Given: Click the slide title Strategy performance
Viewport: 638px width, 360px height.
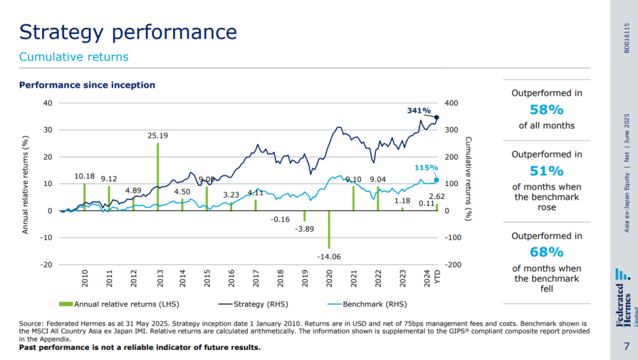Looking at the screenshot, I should coord(128,32).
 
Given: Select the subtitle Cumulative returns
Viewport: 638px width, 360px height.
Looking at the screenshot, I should coord(74,57).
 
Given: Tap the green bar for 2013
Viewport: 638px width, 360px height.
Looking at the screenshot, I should coord(158,176).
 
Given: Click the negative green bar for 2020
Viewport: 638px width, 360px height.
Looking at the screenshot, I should coord(329,230).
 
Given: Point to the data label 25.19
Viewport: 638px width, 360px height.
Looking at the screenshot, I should coord(158,136).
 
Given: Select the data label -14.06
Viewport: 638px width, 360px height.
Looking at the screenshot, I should coord(329,256).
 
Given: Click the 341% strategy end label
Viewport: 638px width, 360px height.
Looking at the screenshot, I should coord(419,111).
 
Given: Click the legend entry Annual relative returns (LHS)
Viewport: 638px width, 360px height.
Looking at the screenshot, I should coord(121,304).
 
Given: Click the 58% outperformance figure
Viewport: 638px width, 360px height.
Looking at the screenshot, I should coord(546,110).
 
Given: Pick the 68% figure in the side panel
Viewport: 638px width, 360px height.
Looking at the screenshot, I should coord(546,253).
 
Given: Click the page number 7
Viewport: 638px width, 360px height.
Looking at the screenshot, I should coord(625,346).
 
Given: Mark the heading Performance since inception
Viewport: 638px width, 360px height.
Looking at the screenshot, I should coord(87,85).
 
